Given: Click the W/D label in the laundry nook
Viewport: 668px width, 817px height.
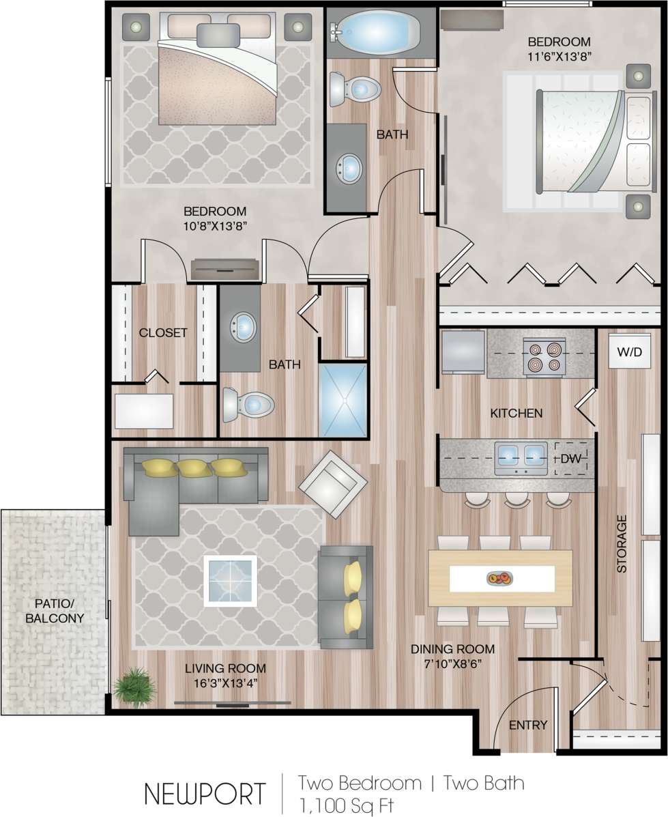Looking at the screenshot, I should pos(629,354).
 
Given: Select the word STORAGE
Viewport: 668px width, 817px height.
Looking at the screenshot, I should pos(622,543).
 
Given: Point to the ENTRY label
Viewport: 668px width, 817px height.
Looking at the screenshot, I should pos(528,725).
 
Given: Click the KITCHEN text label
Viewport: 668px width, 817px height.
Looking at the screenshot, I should pos(517,413).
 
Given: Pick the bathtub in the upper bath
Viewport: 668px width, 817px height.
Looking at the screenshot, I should pos(379,31).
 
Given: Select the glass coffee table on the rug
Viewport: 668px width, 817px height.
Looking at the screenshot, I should pos(230,581).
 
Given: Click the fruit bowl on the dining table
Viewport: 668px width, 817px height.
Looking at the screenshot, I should pos(499,579).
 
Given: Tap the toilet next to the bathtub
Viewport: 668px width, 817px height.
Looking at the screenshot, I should pos(354,89).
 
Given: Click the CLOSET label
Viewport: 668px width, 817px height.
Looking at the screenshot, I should pos(162,332).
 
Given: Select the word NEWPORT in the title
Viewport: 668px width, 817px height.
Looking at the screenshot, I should pos(204,794).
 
